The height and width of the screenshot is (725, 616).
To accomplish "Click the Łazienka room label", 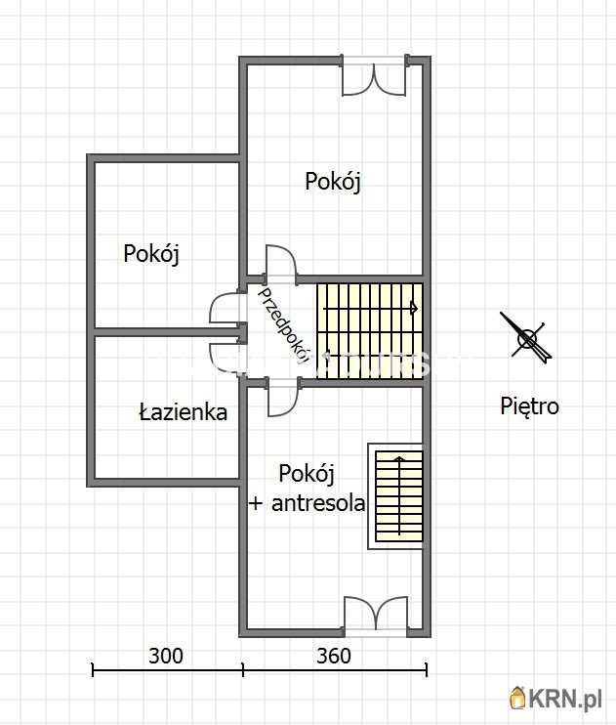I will coord(183,412).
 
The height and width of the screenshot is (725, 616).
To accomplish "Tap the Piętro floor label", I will coord(529,405).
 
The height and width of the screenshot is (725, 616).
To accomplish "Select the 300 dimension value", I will coord(166,656).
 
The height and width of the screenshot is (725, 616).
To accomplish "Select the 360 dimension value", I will coord(334,656).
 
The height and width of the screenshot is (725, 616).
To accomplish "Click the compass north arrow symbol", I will coord(527,338).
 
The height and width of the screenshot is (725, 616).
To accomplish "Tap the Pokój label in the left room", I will coord(151,253).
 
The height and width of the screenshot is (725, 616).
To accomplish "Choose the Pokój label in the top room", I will coord(333,182).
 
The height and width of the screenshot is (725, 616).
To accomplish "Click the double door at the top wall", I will coord(374,77).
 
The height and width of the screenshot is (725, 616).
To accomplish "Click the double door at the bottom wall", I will coord(375,615).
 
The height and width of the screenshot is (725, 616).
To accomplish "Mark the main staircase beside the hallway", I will coord(370,330).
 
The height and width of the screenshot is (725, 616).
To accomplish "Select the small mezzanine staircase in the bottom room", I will coord(398,495).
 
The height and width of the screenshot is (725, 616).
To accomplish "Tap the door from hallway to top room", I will coord(281,264).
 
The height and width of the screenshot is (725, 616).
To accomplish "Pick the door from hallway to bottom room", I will coord(282,397).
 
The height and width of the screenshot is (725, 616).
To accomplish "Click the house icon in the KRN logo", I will coord(518,698).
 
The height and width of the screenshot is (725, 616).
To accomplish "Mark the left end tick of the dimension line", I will coord(93,669).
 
